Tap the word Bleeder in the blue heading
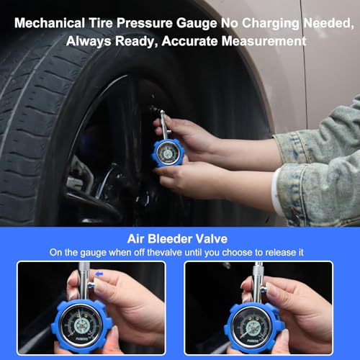click(x=180, y=238)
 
